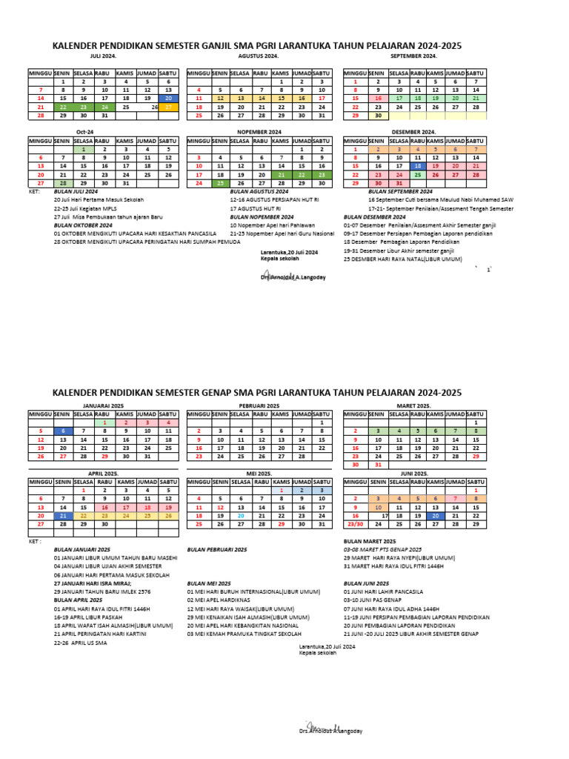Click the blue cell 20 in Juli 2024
[169, 98]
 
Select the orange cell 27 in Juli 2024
[169, 107]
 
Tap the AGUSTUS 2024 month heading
[259, 56]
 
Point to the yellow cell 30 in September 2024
[378, 116]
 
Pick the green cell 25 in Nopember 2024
[220, 183]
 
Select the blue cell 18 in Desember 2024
[418, 166]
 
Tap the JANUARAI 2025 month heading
[103, 406]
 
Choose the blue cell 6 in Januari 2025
[63, 431]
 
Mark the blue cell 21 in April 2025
[63, 515]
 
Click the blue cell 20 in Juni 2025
[436, 515]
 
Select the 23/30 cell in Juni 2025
[356, 524]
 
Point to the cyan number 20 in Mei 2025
[241, 515]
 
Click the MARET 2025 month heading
[415, 406]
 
